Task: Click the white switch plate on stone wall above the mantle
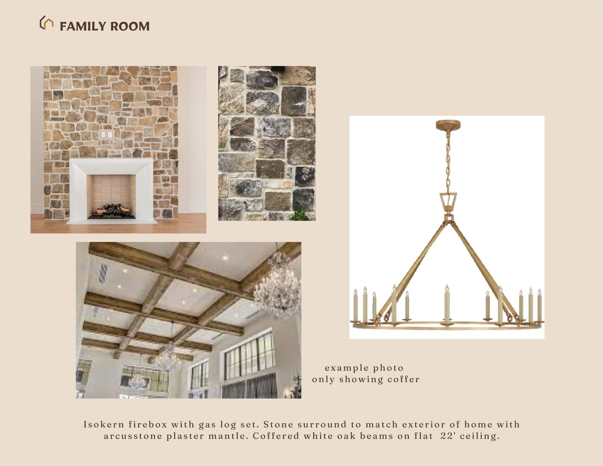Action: point(106,135)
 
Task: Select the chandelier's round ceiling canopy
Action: point(449,124)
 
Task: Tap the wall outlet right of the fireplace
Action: point(190,209)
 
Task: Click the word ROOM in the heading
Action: point(130,26)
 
